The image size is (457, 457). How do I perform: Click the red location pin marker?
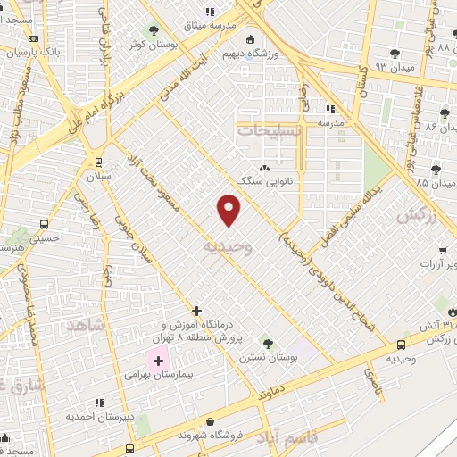(230, 210)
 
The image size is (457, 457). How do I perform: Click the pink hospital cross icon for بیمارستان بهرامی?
(160, 362)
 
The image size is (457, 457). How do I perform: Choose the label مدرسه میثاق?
(236, 27)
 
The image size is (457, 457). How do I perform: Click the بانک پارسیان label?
(56, 52)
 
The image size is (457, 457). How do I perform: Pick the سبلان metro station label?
(96, 177)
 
